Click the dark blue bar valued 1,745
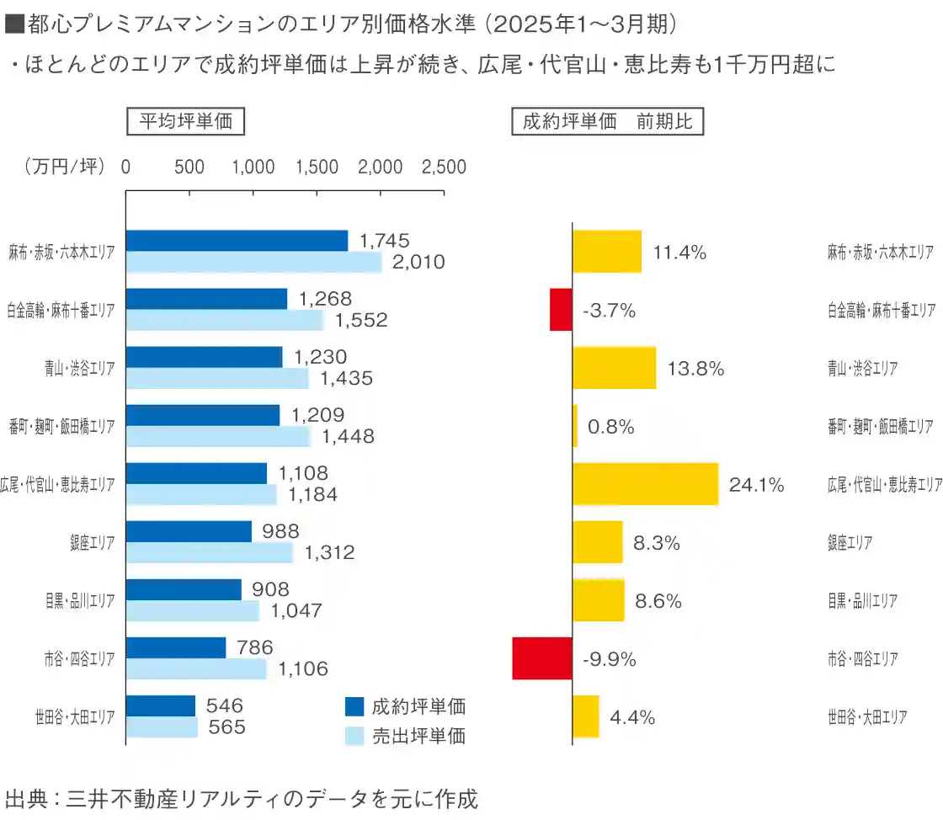237,241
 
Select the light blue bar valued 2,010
253,262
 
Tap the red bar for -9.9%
541,658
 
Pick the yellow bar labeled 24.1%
645,484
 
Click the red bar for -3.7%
561,310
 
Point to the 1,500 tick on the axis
317,168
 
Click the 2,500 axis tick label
443,168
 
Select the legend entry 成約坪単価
406,706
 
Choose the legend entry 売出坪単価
406,736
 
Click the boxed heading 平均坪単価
185,123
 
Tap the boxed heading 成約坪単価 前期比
607,123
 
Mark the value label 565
226,727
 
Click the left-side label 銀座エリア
93,542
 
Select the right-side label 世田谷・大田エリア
867,717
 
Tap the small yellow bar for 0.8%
575,426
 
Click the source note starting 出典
241,797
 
